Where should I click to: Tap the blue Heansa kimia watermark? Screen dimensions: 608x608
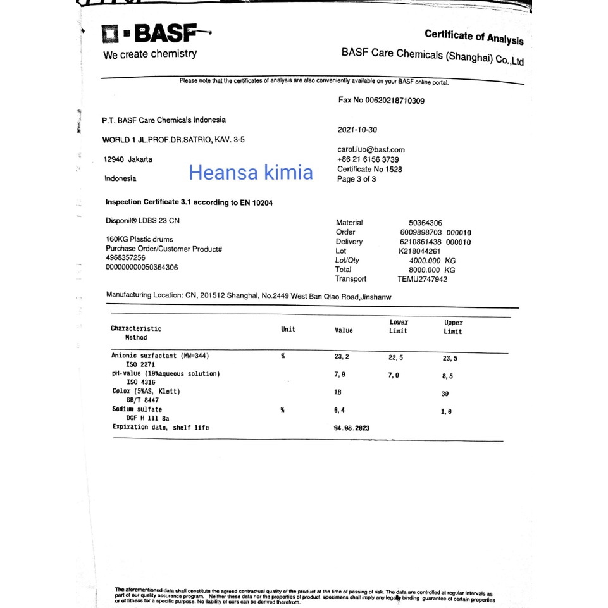coord(251,172)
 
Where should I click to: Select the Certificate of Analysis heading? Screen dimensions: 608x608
coord(474,37)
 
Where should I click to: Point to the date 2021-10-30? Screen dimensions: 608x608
coord(357,130)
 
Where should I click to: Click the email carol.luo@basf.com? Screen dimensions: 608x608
coord(371,149)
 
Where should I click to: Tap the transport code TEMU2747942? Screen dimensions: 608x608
coord(422,279)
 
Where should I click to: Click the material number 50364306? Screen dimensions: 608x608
coord(426,223)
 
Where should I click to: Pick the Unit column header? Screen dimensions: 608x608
coord(288,329)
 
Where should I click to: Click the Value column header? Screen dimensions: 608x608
coord(344,330)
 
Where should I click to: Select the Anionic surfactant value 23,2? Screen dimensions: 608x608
coord(342,357)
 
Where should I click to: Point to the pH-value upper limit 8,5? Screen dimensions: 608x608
coord(447,376)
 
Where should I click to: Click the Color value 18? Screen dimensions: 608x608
coord(338,392)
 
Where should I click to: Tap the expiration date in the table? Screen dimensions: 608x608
coord(351,428)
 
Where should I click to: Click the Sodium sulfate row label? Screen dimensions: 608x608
coord(137,409)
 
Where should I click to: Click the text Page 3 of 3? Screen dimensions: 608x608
coord(357,179)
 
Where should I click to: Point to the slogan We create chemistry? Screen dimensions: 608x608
coord(150,54)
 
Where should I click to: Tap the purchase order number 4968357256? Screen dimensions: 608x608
coord(126,258)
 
